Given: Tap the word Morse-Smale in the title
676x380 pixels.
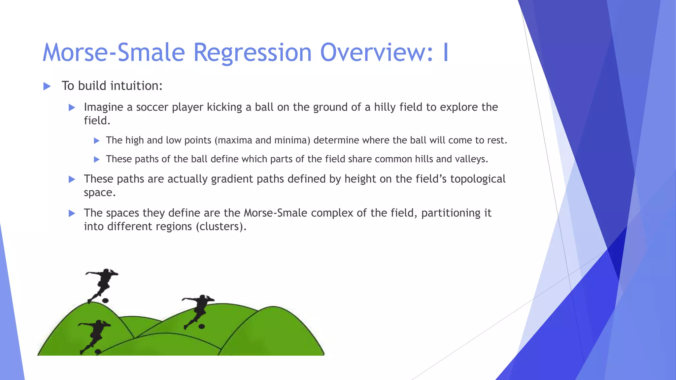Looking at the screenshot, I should tap(114, 53).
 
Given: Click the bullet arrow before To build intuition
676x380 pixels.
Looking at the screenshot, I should tap(47, 86).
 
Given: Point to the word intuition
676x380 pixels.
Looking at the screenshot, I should tap(136, 86).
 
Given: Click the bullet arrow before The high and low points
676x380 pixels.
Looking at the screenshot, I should tap(97, 141).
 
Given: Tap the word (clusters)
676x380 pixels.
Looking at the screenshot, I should tap(221, 227).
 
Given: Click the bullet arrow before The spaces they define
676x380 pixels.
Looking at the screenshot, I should tap(72, 213).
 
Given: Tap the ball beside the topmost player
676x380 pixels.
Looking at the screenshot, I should tap(105, 301).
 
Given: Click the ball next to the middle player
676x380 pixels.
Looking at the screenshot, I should tap(201, 327).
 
